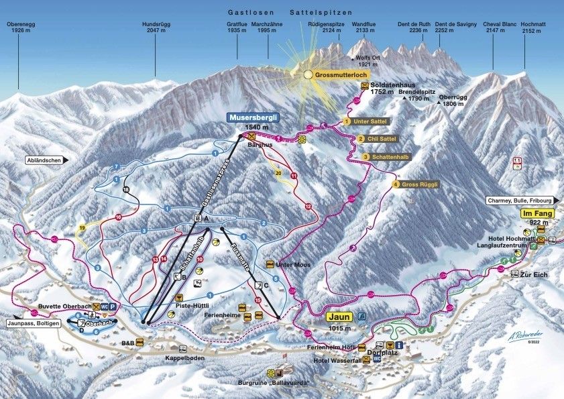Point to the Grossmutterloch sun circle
(308, 75)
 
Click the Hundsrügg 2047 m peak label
(154, 27)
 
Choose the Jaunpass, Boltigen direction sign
(36, 323)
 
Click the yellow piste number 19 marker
(82, 228)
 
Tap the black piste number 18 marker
(125, 190)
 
